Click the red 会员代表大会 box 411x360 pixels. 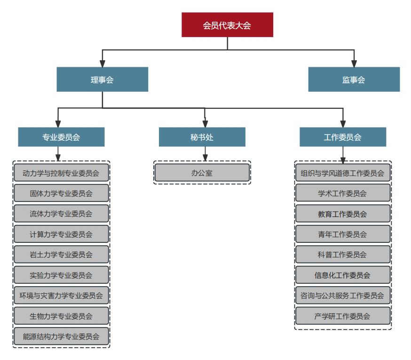[x=227, y=25]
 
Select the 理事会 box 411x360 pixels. [x=102, y=80]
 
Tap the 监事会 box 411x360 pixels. [x=354, y=80]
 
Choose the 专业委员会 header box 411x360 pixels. [x=61, y=137]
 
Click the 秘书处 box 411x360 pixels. [x=202, y=137]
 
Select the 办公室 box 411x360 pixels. [x=202, y=173]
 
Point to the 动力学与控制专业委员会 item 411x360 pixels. [x=61, y=173]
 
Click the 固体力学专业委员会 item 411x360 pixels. [x=61, y=193]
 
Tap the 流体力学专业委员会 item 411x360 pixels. [x=61, y=214]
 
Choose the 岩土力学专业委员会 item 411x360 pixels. [x=61, y=255]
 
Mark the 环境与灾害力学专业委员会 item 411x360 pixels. [x=61, y=296]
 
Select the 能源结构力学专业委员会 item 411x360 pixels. [x=61, y=336]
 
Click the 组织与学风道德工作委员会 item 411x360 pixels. [x=342, y=173]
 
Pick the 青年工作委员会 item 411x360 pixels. [x=342, y=234]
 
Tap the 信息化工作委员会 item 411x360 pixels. [x=342, y=275]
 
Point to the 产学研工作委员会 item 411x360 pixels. [x=342, y=316]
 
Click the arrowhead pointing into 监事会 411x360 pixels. [x=354, y=64]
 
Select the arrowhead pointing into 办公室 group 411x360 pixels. [x=205, y=157]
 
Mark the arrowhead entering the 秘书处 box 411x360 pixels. [x=205, y=124]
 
